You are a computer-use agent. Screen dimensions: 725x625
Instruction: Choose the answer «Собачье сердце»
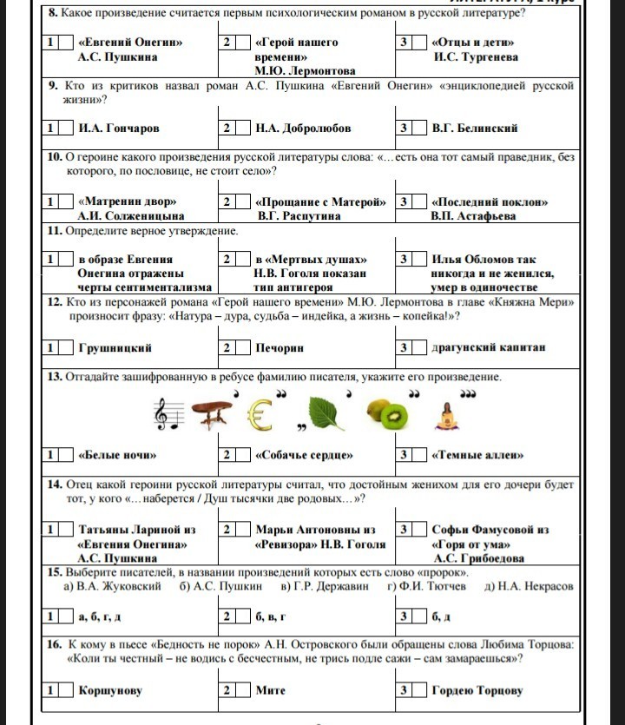(x=304, y=455)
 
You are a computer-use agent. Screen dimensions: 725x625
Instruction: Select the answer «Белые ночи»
(x=117, y=455)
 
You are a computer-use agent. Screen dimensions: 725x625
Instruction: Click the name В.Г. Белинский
(x=475, y=129)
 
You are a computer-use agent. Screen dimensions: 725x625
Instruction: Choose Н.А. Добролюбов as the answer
(x=303, y=129)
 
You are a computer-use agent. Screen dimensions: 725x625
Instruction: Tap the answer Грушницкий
(x=115, y=348)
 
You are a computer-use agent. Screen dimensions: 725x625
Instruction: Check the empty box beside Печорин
(x=244, y=348)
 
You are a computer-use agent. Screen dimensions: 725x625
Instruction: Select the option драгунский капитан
(x=489, y=348)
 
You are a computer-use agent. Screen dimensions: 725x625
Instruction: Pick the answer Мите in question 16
(x=270, y=690)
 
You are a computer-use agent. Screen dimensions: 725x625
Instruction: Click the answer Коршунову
(x=110, y=690)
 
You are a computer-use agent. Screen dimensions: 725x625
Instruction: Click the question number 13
(x=54, y=377)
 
